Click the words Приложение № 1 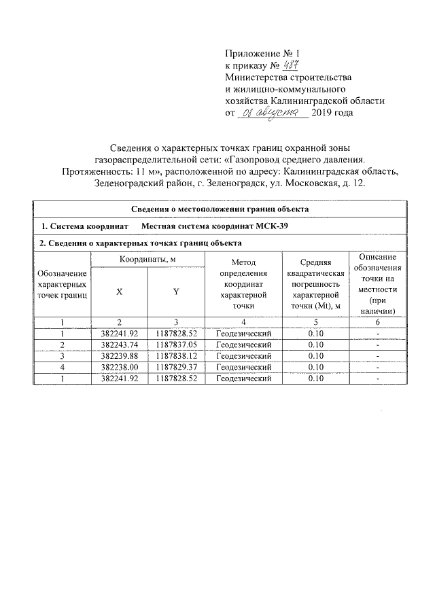tap(261, 53)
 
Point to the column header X tap(119, 291)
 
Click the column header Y tap(175, 291)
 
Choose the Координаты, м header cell tap(147, 260)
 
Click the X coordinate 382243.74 tap(119, 345)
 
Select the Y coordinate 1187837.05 tap(175, 345)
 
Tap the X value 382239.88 tap(119, 356)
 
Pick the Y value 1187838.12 tap(175, 356)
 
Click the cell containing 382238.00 tap(119, 367)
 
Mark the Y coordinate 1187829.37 tap(175, 367)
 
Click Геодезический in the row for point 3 tap(243, 356)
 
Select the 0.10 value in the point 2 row tap(315, 345)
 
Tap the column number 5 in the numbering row tap(315, 323)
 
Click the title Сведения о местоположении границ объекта tap(220, 209)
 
